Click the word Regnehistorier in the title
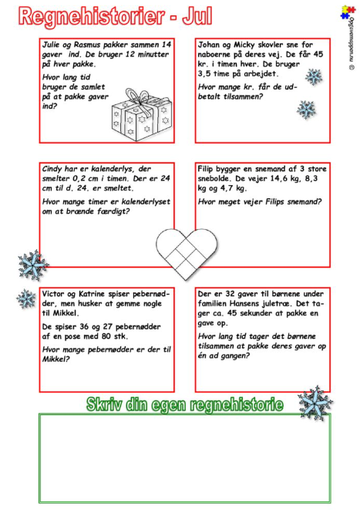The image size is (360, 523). click(x=92, y=17)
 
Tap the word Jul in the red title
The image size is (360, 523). click(x=197, y=16)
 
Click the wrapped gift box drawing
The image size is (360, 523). click(x=142, y=114)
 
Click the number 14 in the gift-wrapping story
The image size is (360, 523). click(x=167, y=45)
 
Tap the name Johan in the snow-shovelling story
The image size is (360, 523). click(x=209, y=45)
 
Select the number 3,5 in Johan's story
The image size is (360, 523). click(x=205, y=74)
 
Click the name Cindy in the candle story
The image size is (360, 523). click(x=52, y=169)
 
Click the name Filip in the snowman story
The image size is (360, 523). click(x=206, y=169)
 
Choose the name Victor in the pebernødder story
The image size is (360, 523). click(x=53, y=294)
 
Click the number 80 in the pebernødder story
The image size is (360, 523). click(x=106, y=336)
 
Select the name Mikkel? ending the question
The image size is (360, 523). click(x=56, y=359)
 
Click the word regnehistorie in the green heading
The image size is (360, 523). click(x=237, y=405)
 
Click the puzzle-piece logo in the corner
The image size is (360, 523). click(x=348, y=12)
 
